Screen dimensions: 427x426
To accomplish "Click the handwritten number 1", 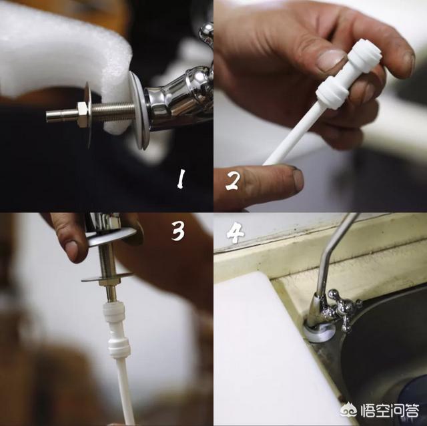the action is [181, 179].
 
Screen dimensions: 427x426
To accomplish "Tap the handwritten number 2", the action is [233, 181].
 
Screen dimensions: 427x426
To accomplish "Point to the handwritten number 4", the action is [235, 232].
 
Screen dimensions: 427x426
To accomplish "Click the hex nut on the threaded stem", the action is [83, 114].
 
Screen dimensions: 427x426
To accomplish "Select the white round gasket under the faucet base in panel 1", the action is [139, 110].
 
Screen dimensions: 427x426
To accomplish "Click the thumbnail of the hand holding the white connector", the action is [332, 60].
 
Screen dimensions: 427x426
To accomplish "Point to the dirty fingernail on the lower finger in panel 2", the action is [298, 180].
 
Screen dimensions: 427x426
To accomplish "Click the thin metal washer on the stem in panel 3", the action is [107, 277].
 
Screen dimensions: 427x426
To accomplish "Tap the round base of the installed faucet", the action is [318, 331].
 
